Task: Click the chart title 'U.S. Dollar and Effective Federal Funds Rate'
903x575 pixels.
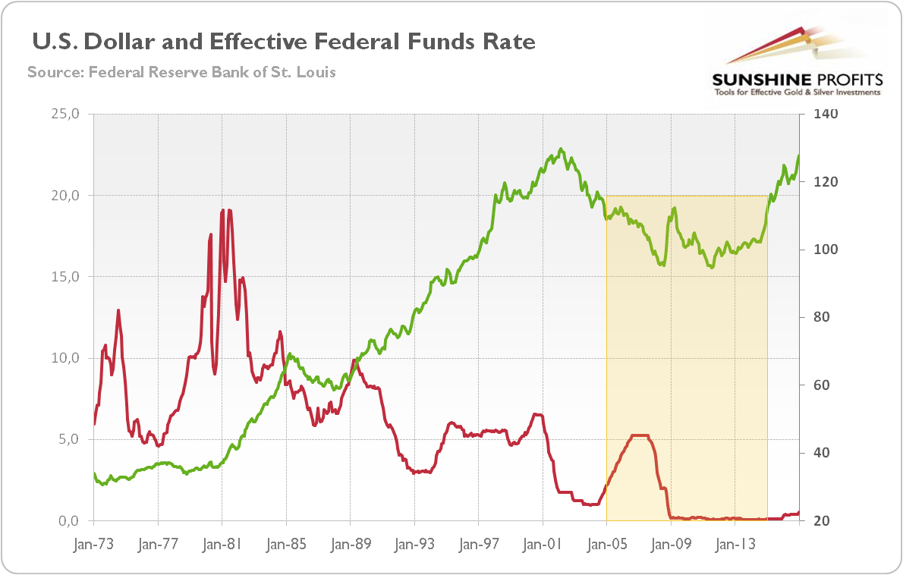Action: click(x=282, y=42)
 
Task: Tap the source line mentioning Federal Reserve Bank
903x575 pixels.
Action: click(x=181, y=73)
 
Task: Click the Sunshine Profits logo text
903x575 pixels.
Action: click(x=796, y=80)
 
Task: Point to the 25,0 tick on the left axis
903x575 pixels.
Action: click(x=64, y=115)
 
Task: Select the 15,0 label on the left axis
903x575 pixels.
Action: click(x=64, y=277)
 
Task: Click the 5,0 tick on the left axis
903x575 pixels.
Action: click(x=68, y=440)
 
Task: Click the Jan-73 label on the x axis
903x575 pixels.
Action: click(x=93, y=544)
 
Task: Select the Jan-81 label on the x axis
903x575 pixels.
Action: click(x=222, y=544)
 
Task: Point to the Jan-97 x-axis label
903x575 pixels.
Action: click(x=479, y=544)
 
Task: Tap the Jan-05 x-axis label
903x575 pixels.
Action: click(x=607, y=544)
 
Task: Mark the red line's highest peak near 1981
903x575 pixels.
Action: click(x=222, y=210)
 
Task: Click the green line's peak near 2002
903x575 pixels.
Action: click(x=561, y=149)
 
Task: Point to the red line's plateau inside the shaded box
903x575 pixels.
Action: click(x=640, y=435)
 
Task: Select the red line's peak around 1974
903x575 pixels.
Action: click(x=118, y=310)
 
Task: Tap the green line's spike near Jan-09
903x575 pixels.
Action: click(x=672, y=209)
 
